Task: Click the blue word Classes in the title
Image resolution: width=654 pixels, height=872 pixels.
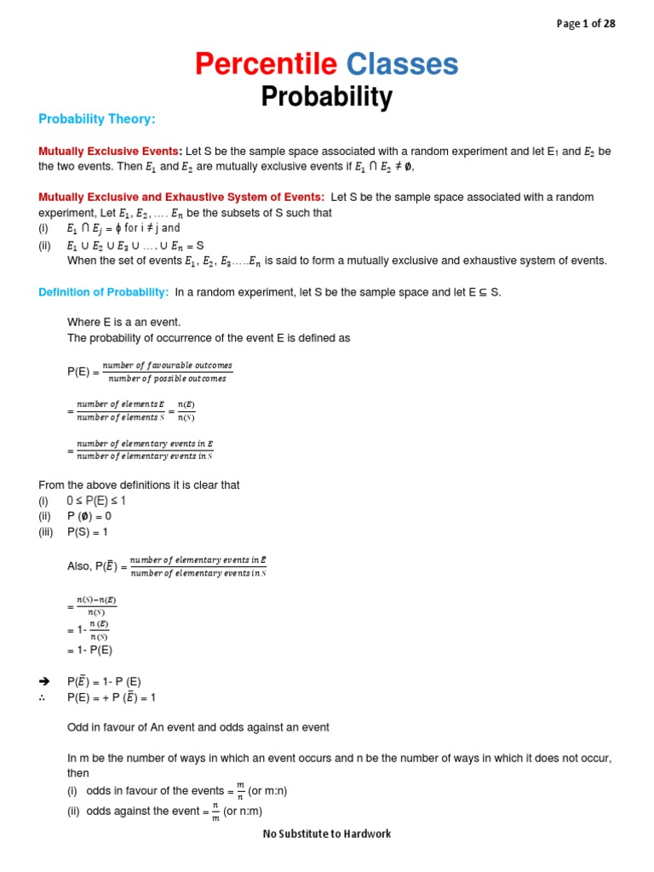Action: [402, 64]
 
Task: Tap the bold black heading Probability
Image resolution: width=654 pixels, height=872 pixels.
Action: [326, 98]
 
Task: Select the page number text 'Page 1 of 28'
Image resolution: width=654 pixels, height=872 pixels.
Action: [586, 24]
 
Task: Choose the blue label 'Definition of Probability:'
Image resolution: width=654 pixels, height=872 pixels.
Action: [104, 292]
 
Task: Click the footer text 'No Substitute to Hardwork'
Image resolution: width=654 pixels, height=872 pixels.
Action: [327, 834]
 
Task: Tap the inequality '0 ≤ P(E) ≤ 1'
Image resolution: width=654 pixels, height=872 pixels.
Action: [96, 501]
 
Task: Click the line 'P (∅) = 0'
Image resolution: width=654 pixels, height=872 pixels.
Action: [89, 516]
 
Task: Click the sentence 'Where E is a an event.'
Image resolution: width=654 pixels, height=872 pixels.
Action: [124, 322]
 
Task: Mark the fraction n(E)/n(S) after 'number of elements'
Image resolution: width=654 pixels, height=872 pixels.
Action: [186, 411]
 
